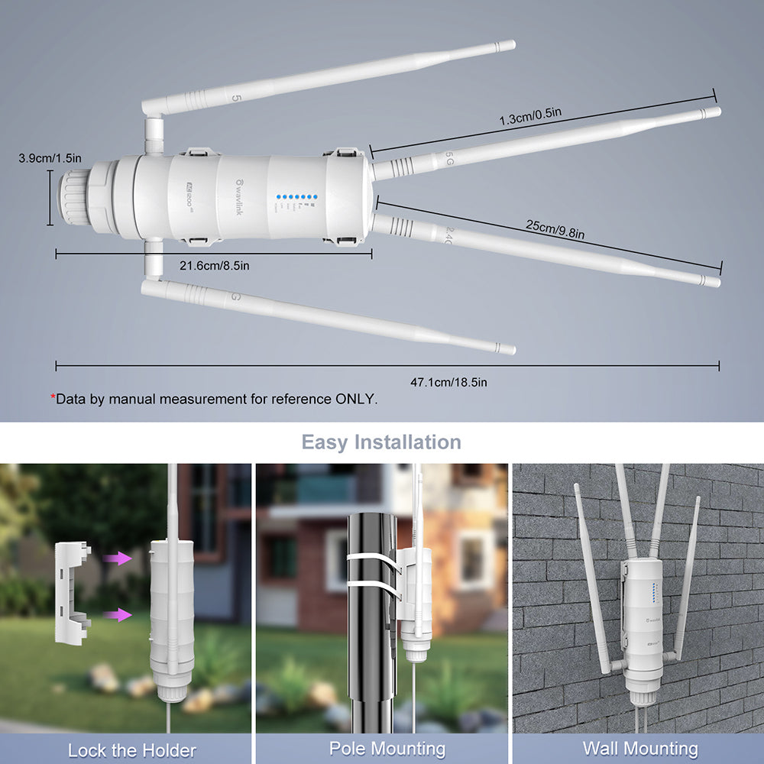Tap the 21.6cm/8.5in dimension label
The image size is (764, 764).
pyautogui.click(x=214, y=265)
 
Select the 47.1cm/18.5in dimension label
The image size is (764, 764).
pyautogui.click(x=448, y=381)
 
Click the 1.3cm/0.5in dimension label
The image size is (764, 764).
pyautogui.click(x=530, y=117)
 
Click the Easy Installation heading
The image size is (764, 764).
pyautogui.click(x=381, y=442)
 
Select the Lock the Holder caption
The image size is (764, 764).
pyautogui.click(x=132, y=749)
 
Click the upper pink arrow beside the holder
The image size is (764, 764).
pyautogui.click(x=118, y=559)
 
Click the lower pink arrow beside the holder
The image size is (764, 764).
pyautogui.click(x=118, y=614)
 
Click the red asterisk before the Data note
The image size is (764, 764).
pyautogui.click(x=53, y=398)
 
